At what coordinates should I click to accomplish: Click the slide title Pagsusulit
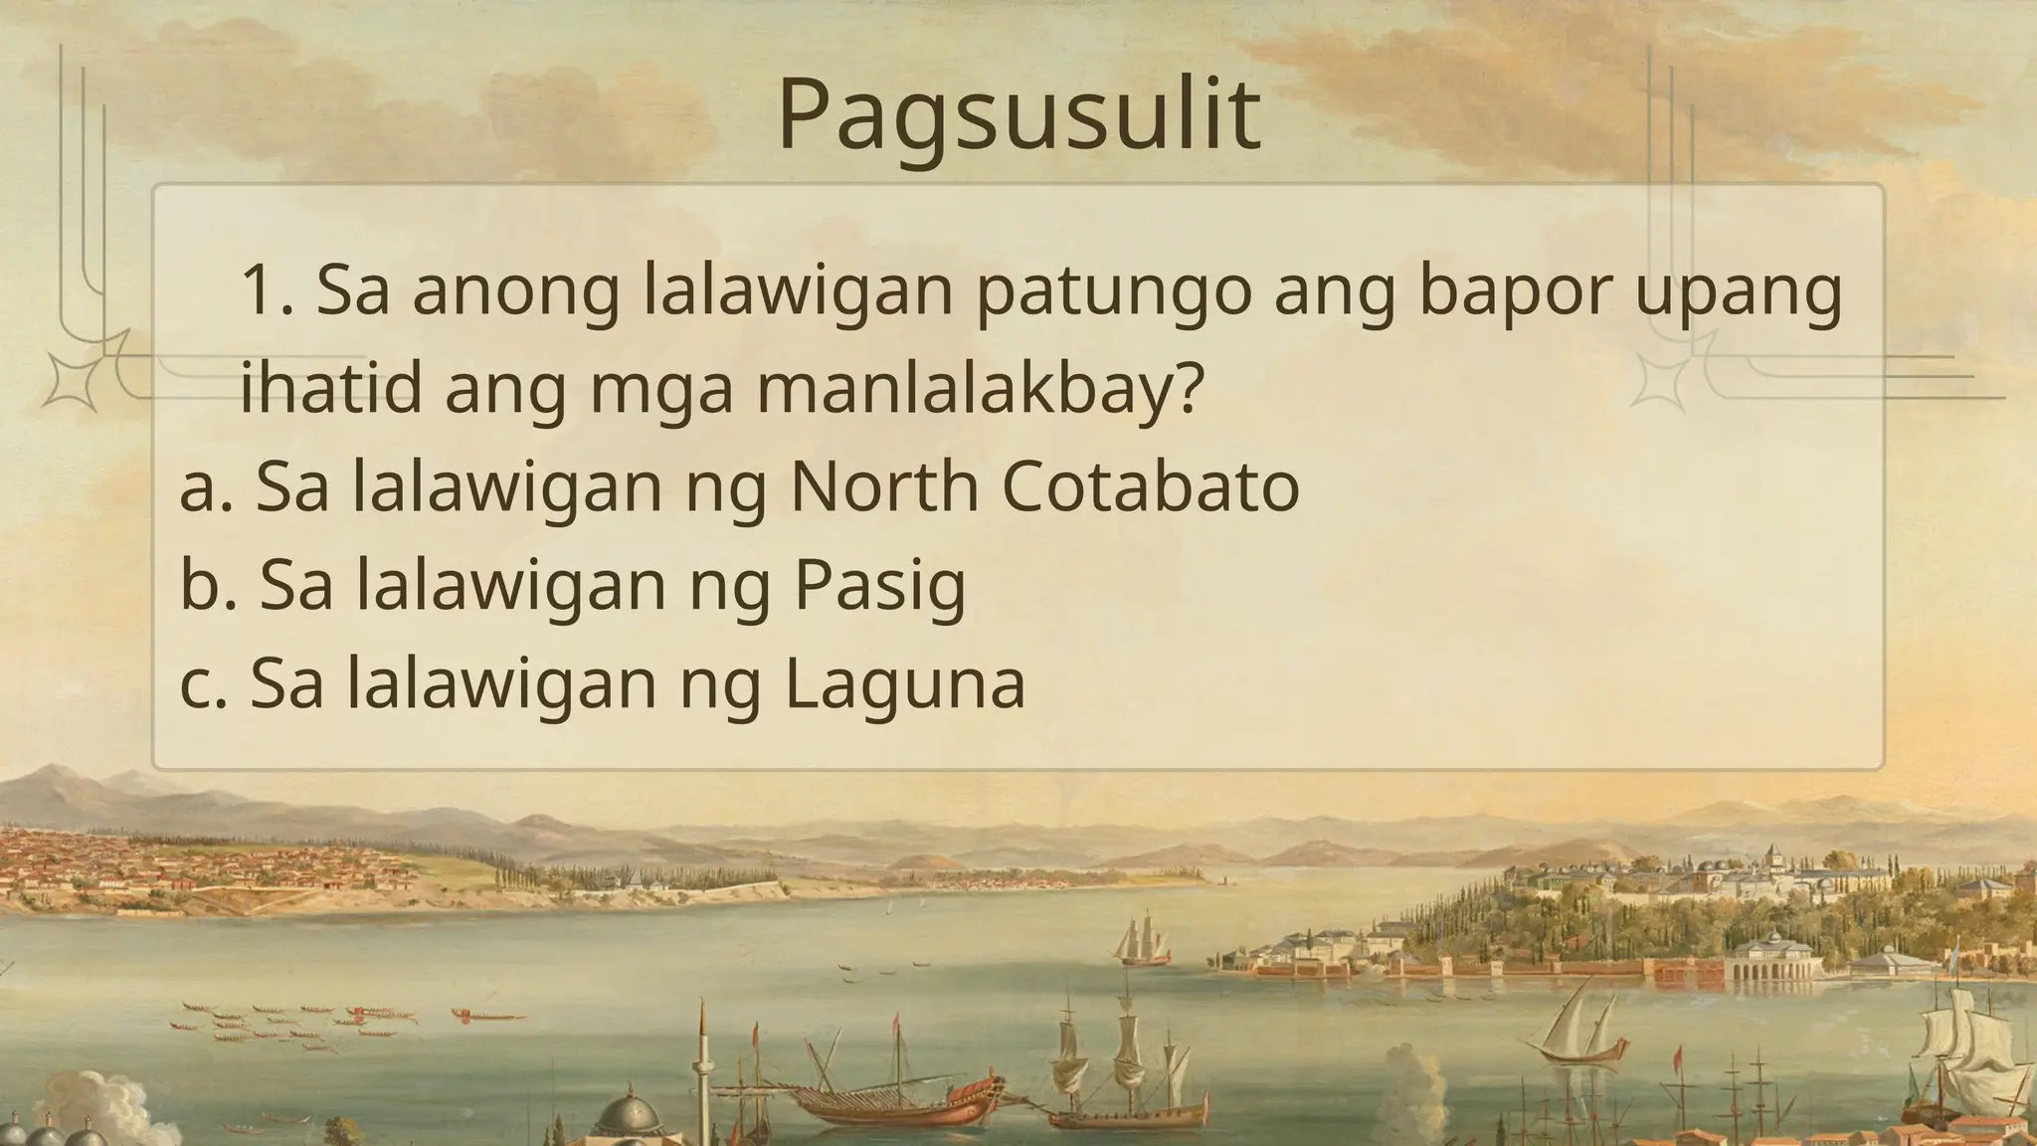coord(1018,115)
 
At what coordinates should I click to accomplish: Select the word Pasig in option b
coord(879,587)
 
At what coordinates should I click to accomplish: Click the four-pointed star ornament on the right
coord(1659,383)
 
